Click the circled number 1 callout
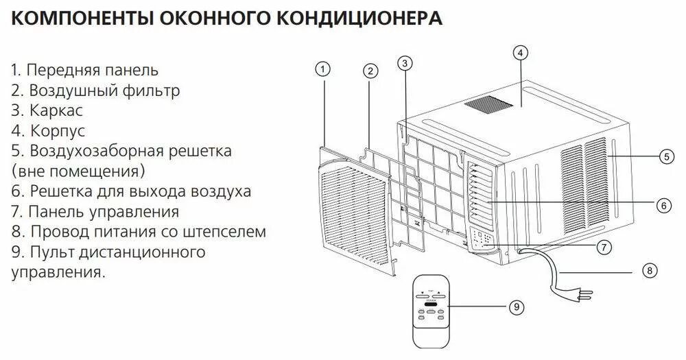pyautogui.click(x=323, y=69)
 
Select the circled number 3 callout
pyautogui.click(x=405, y=64)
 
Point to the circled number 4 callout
pyautogui.click(x=520, y=53)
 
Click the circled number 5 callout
pyautogui.click(x=667, y=156)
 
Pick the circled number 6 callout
pyautogui.click(x=662, y=204)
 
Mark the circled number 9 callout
pyautogui.click(x=516, y=308)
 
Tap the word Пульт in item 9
pyautogui.click(x=50, y=252)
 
